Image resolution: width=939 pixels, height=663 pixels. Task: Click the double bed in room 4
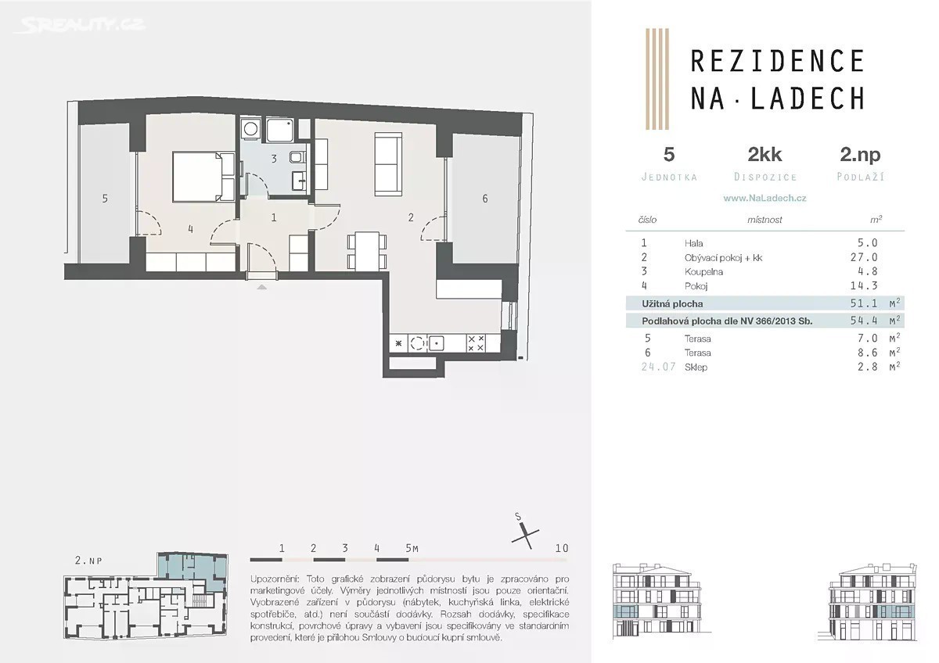[x=203, y=177]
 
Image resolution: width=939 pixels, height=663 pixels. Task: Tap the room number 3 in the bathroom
[x=274, y=159]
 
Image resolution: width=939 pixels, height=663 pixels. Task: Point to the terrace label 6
[x=485, y=198]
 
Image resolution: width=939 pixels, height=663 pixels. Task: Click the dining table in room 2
[x=367, y=251]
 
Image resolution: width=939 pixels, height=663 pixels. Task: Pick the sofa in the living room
[x=388, y=164]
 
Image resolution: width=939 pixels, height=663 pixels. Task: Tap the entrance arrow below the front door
[x=261, y=287]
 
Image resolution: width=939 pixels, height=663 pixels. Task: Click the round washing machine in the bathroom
[x=250, y=129]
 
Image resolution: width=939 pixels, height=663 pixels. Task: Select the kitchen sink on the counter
[x=437, y=343]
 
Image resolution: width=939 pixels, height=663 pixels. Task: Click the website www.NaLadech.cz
[x=765, y=198]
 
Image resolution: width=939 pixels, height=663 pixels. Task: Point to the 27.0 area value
[x=864, y=257]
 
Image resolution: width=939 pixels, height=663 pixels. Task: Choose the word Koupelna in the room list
[x=703, y=272]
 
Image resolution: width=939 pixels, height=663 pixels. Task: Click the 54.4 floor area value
[x=864, y=321]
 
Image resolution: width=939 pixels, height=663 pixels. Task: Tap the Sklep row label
[x=696, y=367]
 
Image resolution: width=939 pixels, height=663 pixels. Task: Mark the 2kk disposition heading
[x=765, y=155]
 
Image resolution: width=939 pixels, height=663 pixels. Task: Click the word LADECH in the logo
[x=808, y=99]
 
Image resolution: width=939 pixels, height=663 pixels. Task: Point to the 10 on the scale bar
[x=562, y=548]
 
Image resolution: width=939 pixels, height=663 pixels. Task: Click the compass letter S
[x=518, y=517]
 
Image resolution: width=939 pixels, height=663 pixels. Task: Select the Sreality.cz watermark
[x=80, y=25]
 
